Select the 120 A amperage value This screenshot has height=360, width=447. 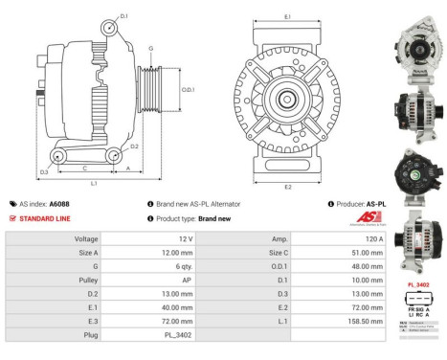(374, 238)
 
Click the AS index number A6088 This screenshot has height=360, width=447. (58, 204)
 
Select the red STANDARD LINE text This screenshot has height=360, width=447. (45, 219)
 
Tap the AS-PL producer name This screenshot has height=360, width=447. (376, 204)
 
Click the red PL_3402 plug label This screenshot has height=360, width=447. (418, 284)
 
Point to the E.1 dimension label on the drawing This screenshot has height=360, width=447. (288, 16)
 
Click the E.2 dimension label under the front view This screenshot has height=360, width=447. (288, 187)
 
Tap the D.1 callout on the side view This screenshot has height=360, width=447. (124, 17)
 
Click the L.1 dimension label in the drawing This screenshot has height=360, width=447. (92, 182)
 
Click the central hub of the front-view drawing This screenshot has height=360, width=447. (288, 100)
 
